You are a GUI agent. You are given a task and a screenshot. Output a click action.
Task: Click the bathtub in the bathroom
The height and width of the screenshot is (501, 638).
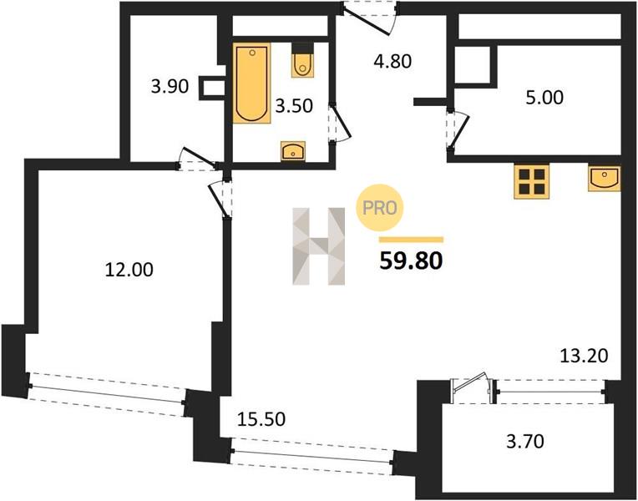click(252, 83)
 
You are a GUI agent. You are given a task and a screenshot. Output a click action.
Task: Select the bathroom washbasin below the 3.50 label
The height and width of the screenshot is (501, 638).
click(293, 151)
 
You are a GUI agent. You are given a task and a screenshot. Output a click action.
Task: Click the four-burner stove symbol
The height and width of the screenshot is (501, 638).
click(531, 181)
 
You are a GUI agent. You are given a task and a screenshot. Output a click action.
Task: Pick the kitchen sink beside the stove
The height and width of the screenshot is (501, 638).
click(605, 178)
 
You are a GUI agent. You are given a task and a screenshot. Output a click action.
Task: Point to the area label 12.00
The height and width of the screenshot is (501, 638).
click(129, 270)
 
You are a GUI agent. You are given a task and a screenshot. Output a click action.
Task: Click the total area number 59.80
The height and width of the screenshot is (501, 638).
click(411, 261)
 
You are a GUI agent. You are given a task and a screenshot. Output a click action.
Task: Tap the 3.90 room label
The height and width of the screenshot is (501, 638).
click(170, 86)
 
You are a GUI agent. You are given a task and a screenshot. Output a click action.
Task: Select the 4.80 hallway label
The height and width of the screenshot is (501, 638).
click(392, 61)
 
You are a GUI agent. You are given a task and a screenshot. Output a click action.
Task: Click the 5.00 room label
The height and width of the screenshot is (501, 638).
click(544, 98)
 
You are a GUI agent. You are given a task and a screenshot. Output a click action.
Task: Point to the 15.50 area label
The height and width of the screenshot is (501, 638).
click(261, 419)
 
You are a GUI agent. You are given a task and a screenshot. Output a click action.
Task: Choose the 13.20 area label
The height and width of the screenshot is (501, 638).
click(585, 356)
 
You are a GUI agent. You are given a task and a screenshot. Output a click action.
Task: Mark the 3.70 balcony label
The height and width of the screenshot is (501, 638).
click(525, 441)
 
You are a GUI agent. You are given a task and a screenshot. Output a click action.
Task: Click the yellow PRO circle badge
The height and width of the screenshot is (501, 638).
click(380, 208)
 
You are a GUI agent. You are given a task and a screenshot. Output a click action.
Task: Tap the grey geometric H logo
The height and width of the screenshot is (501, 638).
click(319, 246)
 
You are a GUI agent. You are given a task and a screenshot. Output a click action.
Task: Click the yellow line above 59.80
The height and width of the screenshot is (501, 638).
click(411, 240)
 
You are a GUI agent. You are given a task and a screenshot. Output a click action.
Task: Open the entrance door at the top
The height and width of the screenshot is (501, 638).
click(369, 17)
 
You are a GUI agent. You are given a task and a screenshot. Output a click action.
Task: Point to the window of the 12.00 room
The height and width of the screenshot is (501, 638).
click(108, 394)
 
